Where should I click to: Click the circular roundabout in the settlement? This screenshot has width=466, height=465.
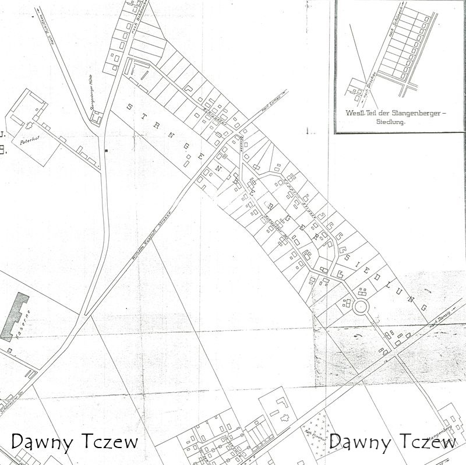(x=361, y=307)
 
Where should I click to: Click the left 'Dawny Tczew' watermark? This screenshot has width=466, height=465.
(x=75, y=442)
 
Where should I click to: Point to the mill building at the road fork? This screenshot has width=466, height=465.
(x=96, y=118)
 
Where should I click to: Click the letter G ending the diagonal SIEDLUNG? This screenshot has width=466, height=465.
(x=423, y=307)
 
